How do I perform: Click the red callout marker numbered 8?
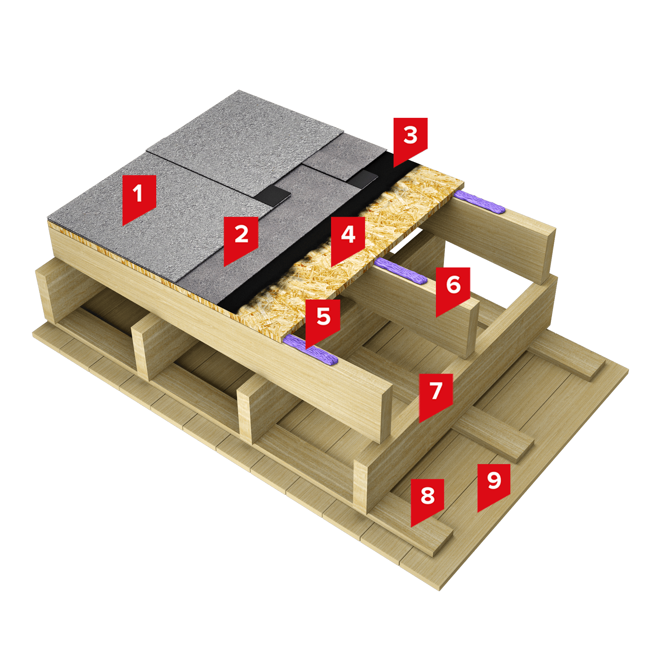tap(427, 500)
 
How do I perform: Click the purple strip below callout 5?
tap(310, 350)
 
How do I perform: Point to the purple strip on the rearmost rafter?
tap(479, 202)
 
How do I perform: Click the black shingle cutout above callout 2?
tap(273, 196)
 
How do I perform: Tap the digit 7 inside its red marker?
tap(436, 391)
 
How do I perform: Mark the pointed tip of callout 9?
tap(478, 512)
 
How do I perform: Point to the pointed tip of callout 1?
tap(123, 225)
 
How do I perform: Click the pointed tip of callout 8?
tap(411, 527)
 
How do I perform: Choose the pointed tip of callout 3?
tap(394, 167)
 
